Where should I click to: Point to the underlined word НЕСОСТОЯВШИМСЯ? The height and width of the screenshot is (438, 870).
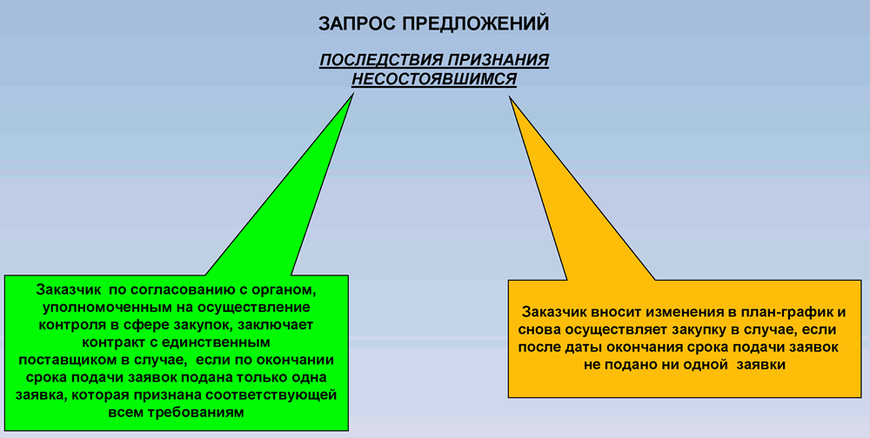(x=434, y=79)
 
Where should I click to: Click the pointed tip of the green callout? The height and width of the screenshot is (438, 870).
(x=353, y=93)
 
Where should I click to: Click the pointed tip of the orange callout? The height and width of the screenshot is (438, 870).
(x=509, y=97)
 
